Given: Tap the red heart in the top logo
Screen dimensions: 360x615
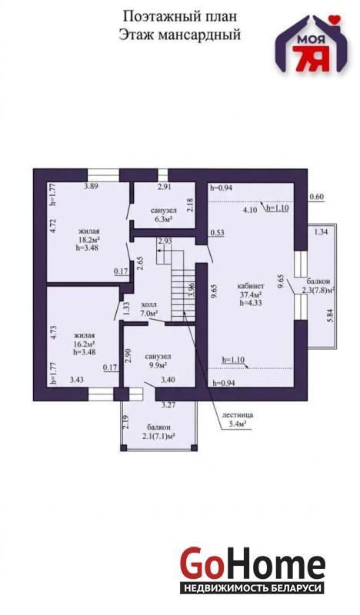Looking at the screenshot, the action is tap(334, 18).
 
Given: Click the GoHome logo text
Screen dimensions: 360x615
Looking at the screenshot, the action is tap(252, 563).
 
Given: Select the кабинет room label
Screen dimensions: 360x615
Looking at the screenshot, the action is tap(251, 286).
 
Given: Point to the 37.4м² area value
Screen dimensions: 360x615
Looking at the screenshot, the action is tap(251, 294).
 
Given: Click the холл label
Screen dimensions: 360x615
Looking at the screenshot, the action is tap(149, 304).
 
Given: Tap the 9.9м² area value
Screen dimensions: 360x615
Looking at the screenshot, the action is tap(158, 365).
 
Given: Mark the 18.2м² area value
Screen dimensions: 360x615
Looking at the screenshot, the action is tap(88, 239).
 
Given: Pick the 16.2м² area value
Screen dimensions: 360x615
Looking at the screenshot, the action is tap(85, 344).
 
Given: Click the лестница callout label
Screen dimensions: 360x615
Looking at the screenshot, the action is tap(237, 414).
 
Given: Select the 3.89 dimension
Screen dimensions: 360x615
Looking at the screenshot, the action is tap(91, 186).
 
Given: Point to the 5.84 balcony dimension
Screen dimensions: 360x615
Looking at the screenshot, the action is tap(331, 316).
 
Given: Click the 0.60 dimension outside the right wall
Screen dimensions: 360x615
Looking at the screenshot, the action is tap(316, 197).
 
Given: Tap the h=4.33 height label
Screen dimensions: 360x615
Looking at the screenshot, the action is tap(251, 302).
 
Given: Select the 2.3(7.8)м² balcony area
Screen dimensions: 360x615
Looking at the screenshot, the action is tap(318, 291).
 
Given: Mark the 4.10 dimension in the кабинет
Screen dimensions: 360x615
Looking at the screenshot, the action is tap(250, 210).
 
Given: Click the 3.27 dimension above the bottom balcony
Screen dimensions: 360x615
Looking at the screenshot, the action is tap(168, 406).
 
